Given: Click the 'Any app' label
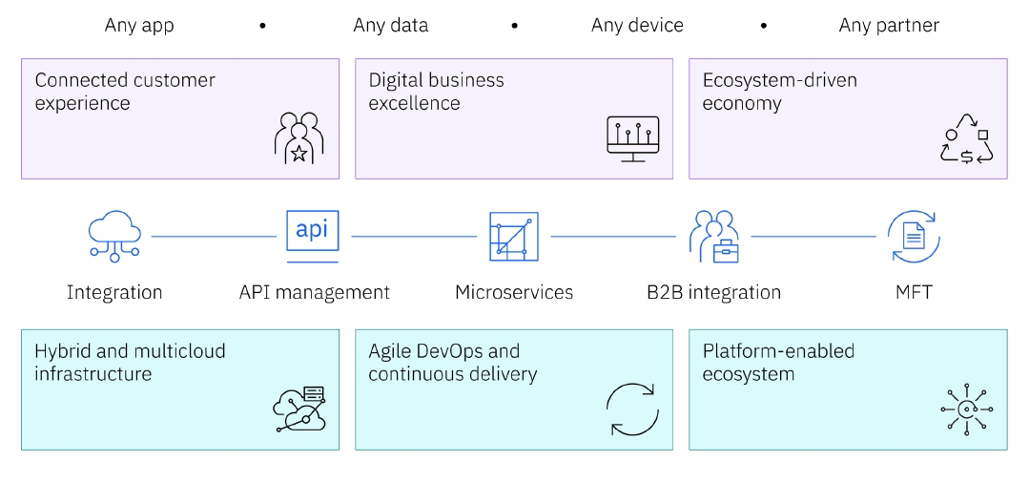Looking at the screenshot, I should (x=139, y=26).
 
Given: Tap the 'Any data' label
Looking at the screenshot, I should (x=390, y=26).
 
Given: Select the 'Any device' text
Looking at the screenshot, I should (x=637, y=26).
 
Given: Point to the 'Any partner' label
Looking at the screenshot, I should (x=889, y=26).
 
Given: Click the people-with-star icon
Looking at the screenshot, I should (x=298, y=138).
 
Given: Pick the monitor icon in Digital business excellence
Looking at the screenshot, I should (x=632, y=138).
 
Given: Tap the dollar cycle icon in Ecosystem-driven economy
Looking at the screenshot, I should (x=966, y=139).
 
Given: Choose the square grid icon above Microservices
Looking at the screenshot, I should (x=513, y=236).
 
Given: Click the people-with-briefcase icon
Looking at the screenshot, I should (x=713, y=236).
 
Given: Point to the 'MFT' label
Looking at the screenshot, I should (x=913, y=292).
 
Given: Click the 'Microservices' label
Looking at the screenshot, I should (x=514, y=292).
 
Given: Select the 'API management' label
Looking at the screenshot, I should (x=314, y=292).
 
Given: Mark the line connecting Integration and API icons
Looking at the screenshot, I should (x=214, y=236).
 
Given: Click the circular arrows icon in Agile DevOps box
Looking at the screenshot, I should (x=632, y=409).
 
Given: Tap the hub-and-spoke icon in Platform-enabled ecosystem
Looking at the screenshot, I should (x=966, y=409).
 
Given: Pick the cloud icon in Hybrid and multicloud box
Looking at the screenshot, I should (x=299, y=409).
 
